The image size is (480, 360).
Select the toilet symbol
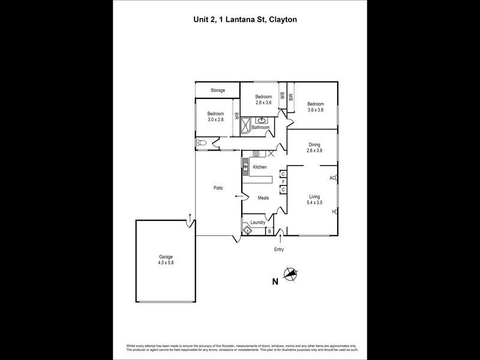pyautogui.click(x=201, y=144)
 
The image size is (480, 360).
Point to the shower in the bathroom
pyautogui.click(x=245, y=127)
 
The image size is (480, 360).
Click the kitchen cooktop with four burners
pyautogui.click(x=256, y=154)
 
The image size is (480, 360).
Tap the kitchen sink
pyautogui.click(x=245, y=167)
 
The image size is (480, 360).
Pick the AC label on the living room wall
pyautogui.click(x=332, y=178)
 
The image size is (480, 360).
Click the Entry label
pyautogui.click(x=279, y=249)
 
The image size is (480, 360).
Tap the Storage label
pyautogui.click(x=217, y=91)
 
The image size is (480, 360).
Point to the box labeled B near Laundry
pyautogui.click(x=269, y=230)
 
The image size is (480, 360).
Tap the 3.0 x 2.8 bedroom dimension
pyautogui.click(x=215, y=119)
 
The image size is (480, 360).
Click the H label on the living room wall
pyautogui.click(x=333, y=212)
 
